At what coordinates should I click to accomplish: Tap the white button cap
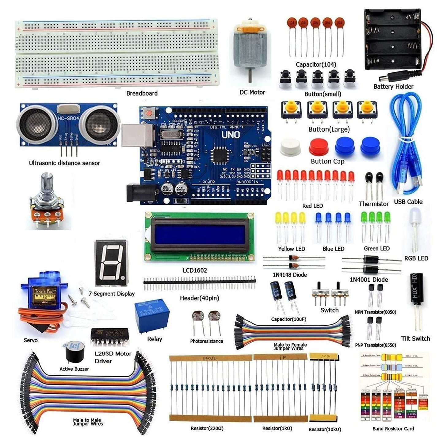tap(290, 147)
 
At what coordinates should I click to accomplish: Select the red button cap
tap(319, 147)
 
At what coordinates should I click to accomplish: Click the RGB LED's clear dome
tap(415, 216)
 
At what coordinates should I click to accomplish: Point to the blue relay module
tap(152, 316)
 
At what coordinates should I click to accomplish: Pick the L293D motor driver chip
tap(110, 337)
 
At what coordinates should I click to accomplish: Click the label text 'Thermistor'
tap(373, 204)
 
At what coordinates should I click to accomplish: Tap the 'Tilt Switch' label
tap(415, 338)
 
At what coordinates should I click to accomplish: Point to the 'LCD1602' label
tap(195, 270)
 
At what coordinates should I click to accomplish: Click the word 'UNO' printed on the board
tap(231, 135)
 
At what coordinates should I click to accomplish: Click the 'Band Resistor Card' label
tap(393, 429)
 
